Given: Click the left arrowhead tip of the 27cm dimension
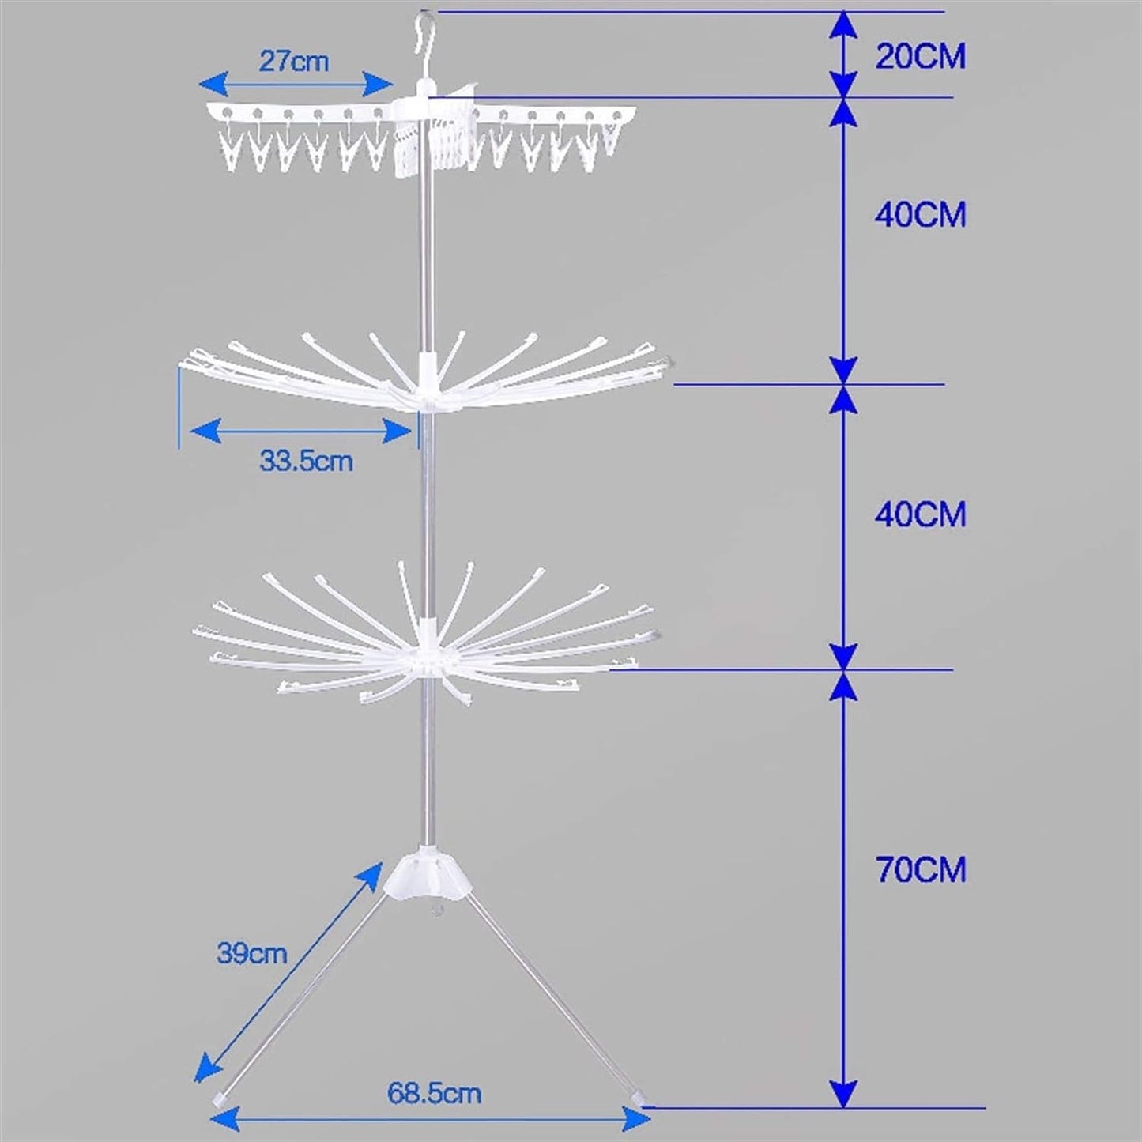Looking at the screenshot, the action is point(199,84).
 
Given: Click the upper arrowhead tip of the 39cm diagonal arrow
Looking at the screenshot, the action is point(383,862).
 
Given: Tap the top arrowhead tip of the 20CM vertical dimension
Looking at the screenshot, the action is point(844,12).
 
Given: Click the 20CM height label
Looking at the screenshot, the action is point(921,58).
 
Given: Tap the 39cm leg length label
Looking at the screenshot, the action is point(252,954).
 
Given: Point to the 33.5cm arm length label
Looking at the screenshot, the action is point(306,461).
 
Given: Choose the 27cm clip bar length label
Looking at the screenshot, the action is point(293,62).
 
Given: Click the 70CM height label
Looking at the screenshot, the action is point(921,869).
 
